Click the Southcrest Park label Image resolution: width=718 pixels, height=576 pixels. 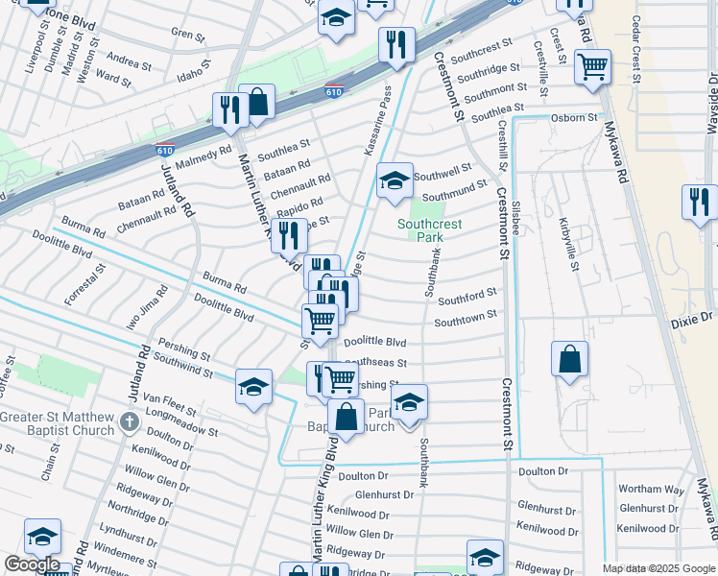pos(430,230)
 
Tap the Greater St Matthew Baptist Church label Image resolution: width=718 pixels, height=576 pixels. pos(58,423)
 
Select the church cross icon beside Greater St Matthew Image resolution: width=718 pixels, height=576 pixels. pos(130,420)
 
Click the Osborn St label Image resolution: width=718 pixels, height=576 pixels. pos(575,117)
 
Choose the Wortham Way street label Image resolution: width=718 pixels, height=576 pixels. pos(651,490)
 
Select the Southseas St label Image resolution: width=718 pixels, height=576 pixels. pos(376,364)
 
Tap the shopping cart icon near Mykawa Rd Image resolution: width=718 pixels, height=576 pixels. pos(592,67)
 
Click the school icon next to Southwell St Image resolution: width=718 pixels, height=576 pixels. pos(394,180)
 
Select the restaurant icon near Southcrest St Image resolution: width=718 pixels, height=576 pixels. pos(395,44)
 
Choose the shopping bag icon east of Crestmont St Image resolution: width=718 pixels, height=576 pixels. pos(569,359)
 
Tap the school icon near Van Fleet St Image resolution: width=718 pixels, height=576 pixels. pos(253,386)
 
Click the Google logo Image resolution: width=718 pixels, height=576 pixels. pos(32,565)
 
